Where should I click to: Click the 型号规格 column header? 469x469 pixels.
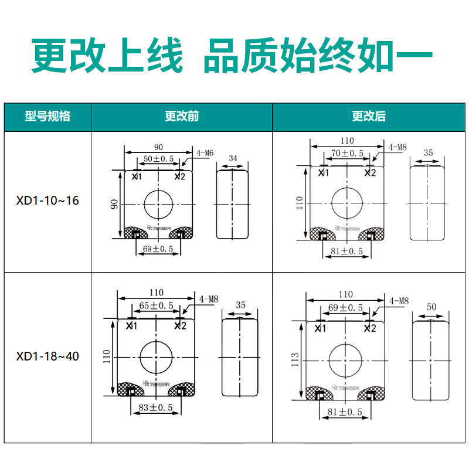47,117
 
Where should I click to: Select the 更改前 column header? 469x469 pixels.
182,117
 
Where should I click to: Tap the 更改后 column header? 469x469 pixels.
369,117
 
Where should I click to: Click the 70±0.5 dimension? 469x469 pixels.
347,154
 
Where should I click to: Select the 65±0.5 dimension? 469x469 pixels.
157,305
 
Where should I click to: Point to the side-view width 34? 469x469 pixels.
233,158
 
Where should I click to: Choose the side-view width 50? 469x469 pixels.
432,307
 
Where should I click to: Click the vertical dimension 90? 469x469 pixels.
115,204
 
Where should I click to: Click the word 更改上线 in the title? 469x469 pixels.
107,57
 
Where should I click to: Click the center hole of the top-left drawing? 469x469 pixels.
158,204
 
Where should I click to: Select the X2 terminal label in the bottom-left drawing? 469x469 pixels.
181,325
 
